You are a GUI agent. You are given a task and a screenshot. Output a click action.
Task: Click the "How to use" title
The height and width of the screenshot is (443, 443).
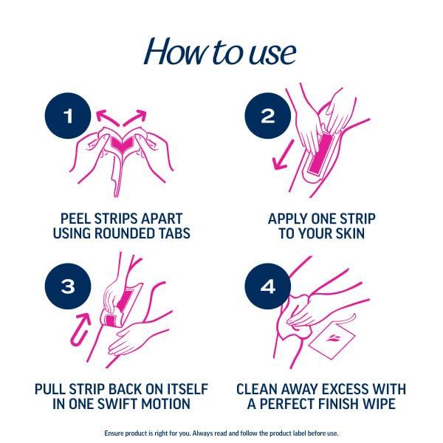tap(221, 51)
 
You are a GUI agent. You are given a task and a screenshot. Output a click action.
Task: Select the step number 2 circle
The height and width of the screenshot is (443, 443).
tap(267, 116)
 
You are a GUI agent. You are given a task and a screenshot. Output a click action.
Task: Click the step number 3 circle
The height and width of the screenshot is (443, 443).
tap(67, 286)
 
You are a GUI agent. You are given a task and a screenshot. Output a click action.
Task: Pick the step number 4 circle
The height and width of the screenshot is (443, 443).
tap(267, 286)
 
